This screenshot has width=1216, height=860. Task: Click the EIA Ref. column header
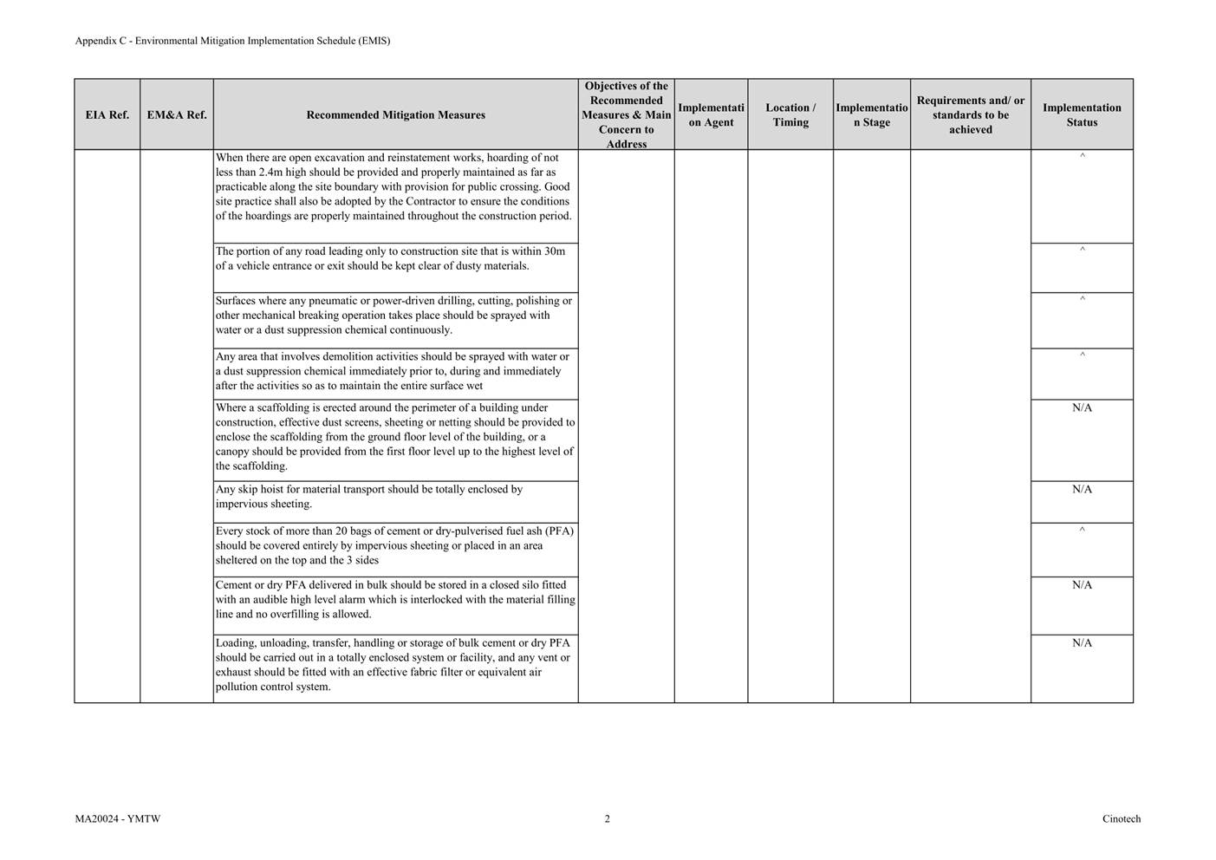click(107, 114)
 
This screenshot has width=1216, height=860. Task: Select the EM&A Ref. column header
click(177, 114)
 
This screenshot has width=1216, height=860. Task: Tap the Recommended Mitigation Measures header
click(395, 114)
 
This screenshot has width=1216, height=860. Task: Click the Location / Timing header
click(790, 114)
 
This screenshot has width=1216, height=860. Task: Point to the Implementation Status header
click(1082, 114)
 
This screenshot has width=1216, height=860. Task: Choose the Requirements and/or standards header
click(970, 114)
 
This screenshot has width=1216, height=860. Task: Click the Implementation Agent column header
click(711, 114)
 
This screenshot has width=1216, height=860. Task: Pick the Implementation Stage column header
click(871, 114)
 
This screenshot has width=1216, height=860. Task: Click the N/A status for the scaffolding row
click(1082, 407)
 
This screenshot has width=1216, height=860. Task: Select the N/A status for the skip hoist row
click(1082, 489)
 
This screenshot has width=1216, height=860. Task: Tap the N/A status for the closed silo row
click(1082, 585)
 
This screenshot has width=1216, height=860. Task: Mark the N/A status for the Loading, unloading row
click(1082, 643)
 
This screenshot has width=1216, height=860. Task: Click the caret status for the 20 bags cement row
click(1082, 530)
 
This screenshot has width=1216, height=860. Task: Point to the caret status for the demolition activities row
click(1082, 355)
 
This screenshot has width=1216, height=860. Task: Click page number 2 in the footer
click(607, 818)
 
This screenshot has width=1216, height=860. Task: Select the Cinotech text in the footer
click(1122, 818)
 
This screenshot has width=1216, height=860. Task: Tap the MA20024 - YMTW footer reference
click(118, 818)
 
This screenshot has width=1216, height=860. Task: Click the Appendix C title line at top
click(232, 41)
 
